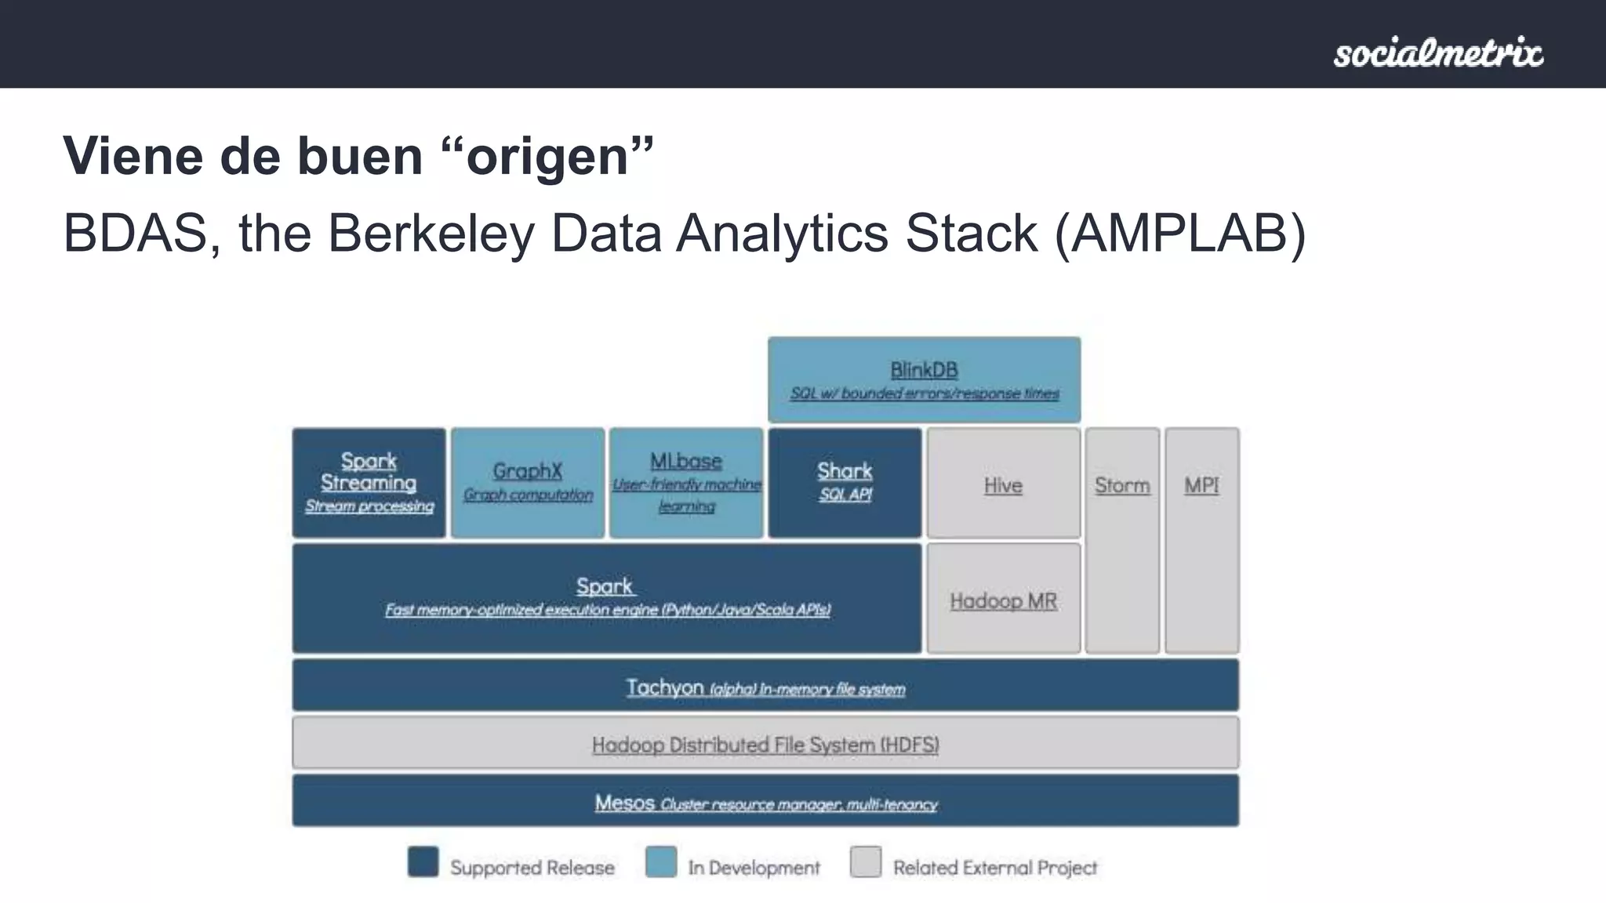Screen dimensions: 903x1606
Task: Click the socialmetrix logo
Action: pos(1438,53)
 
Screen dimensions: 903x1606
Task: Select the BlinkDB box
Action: pos(924,380)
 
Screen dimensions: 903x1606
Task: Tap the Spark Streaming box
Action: pos(369,483)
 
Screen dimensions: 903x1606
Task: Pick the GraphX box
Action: pos(528,483)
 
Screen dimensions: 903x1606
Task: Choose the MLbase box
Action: pos(686,483)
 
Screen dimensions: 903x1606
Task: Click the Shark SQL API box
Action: pos(845,483)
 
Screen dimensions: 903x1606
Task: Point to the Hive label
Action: pos(1003,486)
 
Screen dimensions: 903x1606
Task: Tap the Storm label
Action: pos(1122,486)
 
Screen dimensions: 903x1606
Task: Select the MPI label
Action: pos(1201,486)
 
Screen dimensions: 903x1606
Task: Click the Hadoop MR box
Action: pos(1003,600)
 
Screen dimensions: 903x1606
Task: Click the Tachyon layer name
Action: pos(664,687)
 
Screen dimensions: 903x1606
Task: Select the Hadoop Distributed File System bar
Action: pos(765,744)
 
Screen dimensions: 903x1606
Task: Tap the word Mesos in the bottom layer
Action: pos(624,803)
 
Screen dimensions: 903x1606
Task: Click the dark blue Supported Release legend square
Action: pos(423,862)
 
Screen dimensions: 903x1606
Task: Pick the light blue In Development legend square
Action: pos(661,862)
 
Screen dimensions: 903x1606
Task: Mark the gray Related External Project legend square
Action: pos(866,862)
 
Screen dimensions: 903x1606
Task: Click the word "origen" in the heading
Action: pos(548,157)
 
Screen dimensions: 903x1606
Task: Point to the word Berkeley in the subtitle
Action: pos(431,234)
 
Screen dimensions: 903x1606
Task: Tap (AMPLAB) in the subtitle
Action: pos(1180,234)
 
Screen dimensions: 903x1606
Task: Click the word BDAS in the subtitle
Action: pos(135,234)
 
